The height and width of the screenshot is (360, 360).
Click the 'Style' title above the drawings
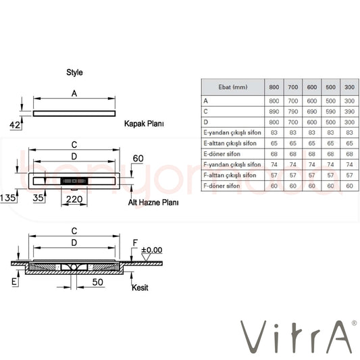click(x=74, y=72)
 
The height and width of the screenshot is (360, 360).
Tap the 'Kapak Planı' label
click(x=144, y=124)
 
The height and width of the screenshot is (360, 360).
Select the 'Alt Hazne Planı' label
click(x=153, y=203)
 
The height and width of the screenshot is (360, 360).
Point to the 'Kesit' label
click(x=140, y=288)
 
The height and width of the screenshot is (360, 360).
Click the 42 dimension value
click(x=15, y=125)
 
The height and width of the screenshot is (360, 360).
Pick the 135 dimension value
click(x=8, y=198)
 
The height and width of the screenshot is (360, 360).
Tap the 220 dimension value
click(x=74, y=199)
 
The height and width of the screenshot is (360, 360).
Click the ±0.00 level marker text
click(x=151, y=250)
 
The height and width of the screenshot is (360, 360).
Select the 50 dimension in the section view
click(x=97, y=282)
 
